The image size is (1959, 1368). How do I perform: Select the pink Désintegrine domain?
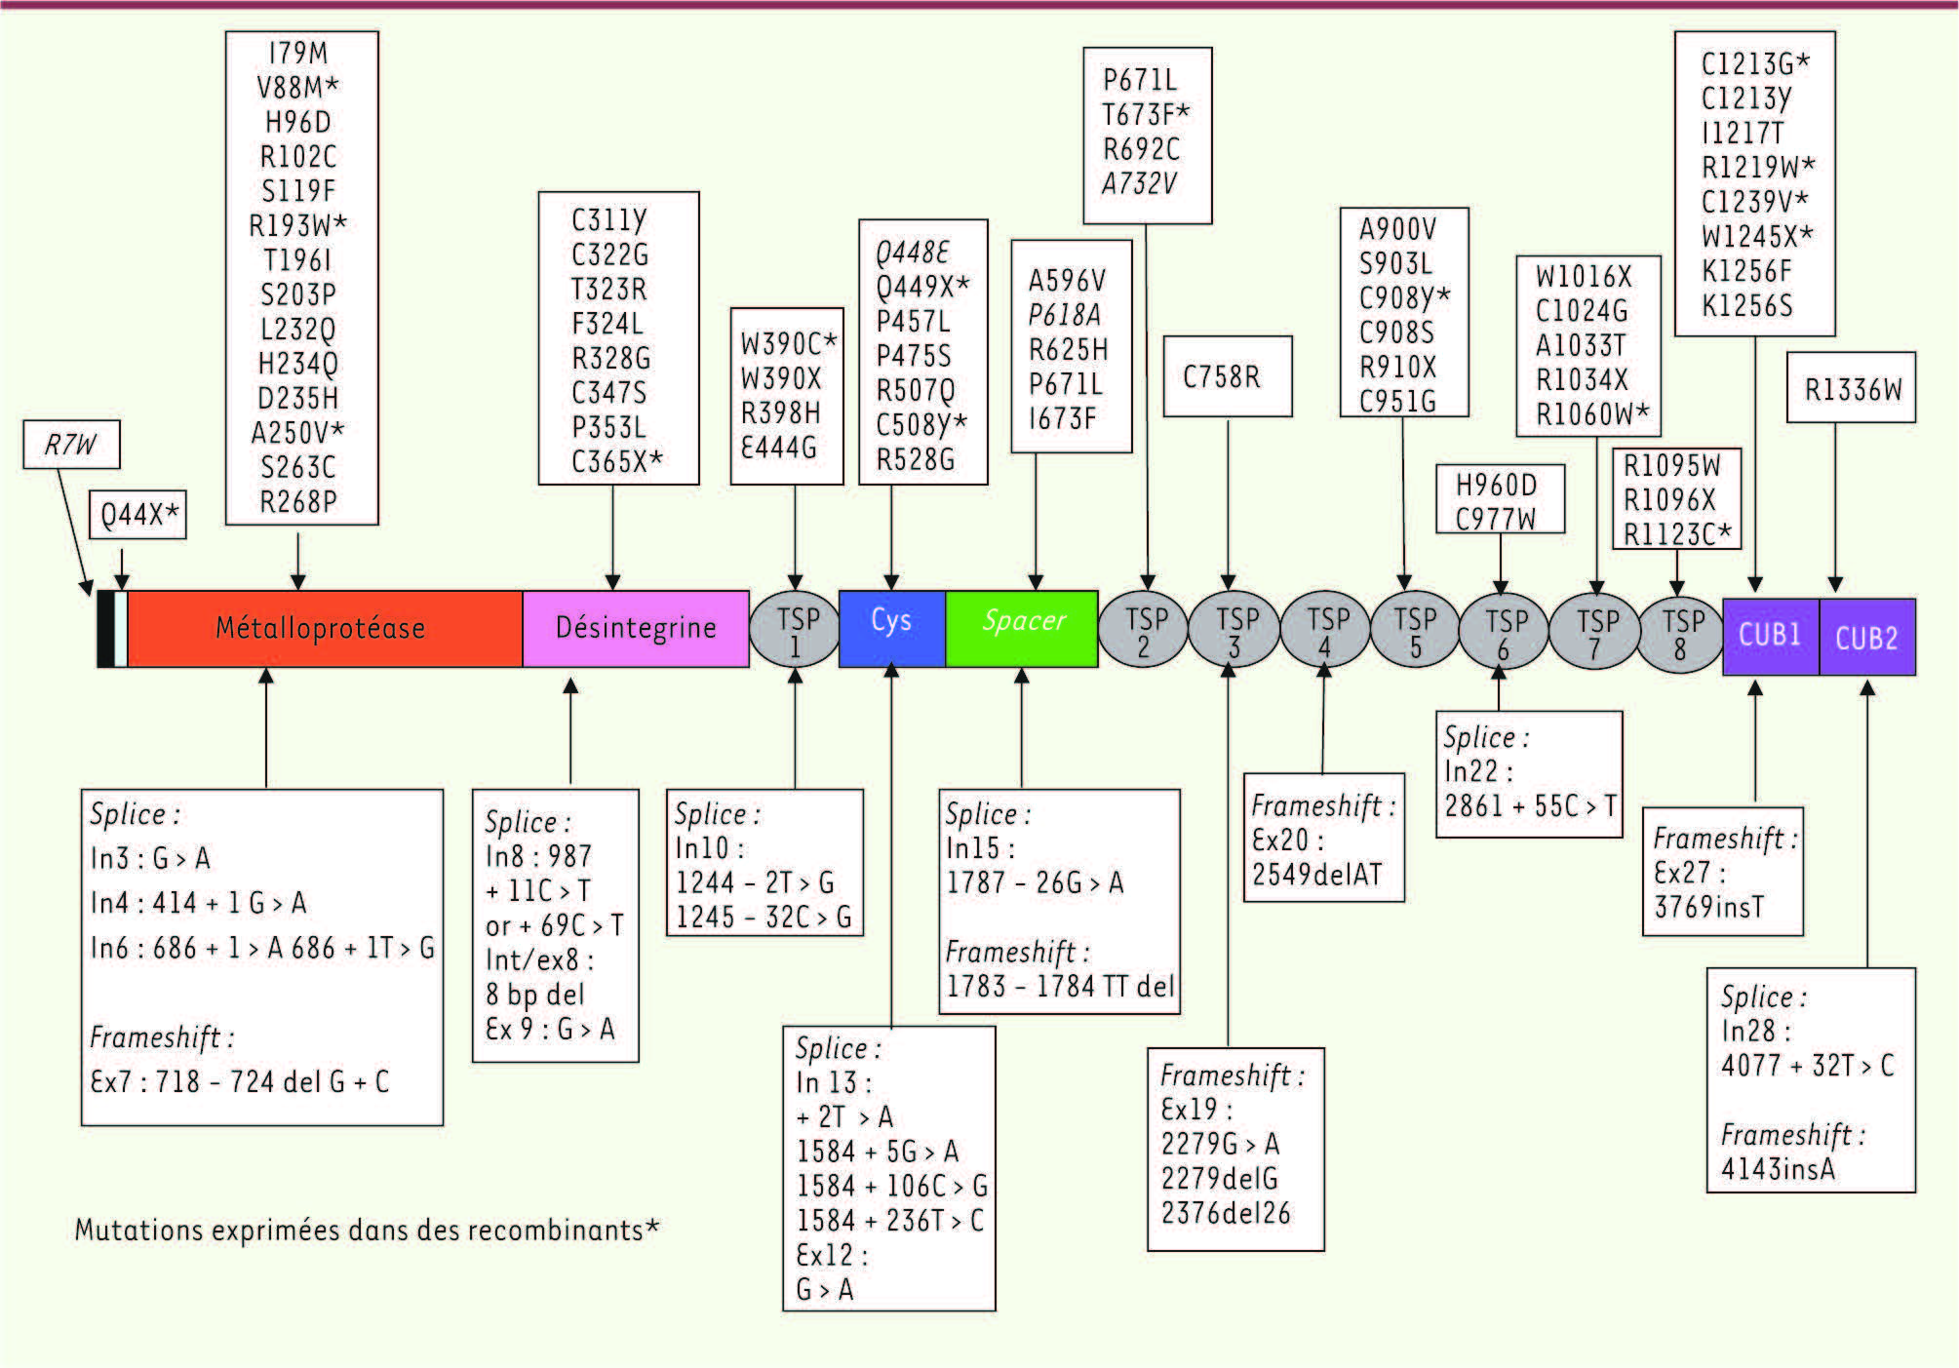636,629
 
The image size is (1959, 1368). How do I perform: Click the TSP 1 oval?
796,631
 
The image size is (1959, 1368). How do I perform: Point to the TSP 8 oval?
1681,634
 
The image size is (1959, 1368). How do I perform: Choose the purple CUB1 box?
1770,636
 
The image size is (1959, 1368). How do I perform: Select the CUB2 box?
1866,638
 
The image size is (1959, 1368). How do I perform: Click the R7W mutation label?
71,446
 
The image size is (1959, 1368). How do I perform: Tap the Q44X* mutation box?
138,515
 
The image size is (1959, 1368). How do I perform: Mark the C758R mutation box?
1226,376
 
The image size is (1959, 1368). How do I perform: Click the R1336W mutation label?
1851,389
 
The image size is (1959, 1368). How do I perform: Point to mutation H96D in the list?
298,122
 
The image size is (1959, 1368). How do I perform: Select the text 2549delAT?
1316,875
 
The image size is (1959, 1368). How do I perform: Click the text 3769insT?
1708,907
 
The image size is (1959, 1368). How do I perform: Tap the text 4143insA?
1777,1168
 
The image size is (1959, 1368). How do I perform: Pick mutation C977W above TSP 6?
1495,519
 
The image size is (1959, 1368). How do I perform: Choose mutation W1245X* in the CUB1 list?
1756,236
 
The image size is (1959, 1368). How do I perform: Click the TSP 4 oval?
1325,632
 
